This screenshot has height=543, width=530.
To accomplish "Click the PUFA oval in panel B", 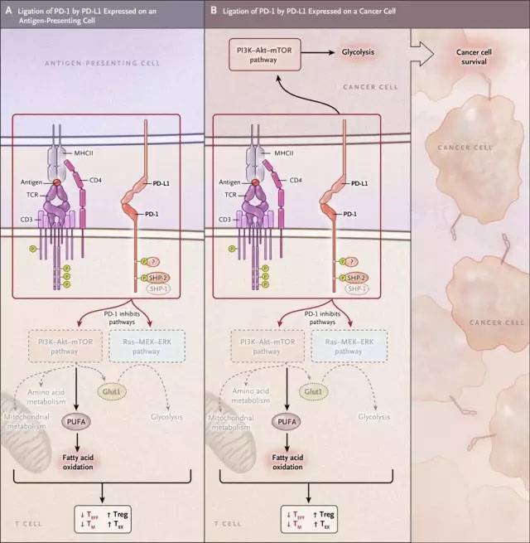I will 279,424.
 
